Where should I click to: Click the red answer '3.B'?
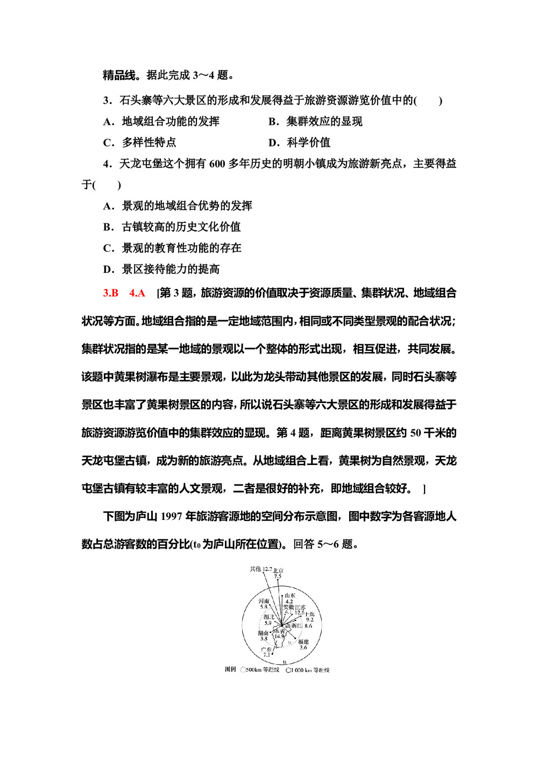110,293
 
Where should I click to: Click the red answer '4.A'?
137,293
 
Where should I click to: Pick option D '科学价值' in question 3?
308,143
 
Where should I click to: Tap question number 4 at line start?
107,164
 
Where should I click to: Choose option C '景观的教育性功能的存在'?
181,248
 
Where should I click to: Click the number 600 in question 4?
217,164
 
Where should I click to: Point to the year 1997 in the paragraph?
171,516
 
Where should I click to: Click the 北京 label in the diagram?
278,570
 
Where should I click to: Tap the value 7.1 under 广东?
267,655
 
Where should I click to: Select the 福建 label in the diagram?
303,642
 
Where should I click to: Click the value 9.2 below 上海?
309,619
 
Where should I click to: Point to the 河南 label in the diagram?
264,601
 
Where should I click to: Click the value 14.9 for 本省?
279,636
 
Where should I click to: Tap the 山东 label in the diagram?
290,596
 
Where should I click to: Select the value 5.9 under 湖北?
268,623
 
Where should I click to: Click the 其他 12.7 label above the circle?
261,569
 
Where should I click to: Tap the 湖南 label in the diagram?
263,633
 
